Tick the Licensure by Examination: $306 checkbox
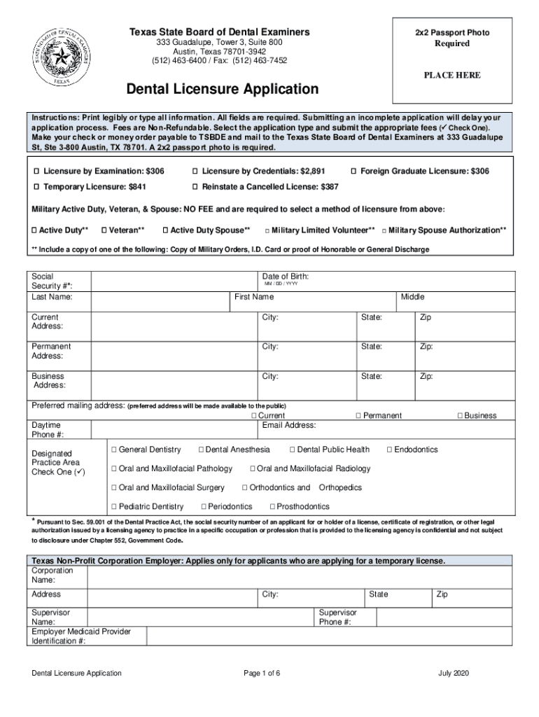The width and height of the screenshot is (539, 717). point(36,172)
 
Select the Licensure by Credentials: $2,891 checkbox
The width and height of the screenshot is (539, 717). point(195,172)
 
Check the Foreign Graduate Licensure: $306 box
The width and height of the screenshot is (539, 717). point(353,172)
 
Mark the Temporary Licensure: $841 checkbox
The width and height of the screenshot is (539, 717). point(36,188)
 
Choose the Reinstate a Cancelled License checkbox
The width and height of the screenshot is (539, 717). point(195,188)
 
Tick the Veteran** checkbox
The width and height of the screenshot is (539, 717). point(104,230)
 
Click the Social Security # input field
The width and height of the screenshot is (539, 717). point(172,281)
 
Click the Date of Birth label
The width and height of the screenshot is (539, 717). point(285,277)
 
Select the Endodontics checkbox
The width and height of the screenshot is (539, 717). point(389,450)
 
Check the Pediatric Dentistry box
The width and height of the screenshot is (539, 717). point(113,506)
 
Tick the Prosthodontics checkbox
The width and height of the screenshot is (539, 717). point(272,506)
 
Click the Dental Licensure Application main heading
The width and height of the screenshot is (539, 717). point(222,90)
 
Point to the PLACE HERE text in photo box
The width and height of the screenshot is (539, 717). point(451,76)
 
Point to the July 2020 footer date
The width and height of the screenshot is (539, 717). point(454,673)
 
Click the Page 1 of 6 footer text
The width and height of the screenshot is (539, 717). point(262,673)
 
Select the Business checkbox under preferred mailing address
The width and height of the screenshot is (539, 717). point(461,416)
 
